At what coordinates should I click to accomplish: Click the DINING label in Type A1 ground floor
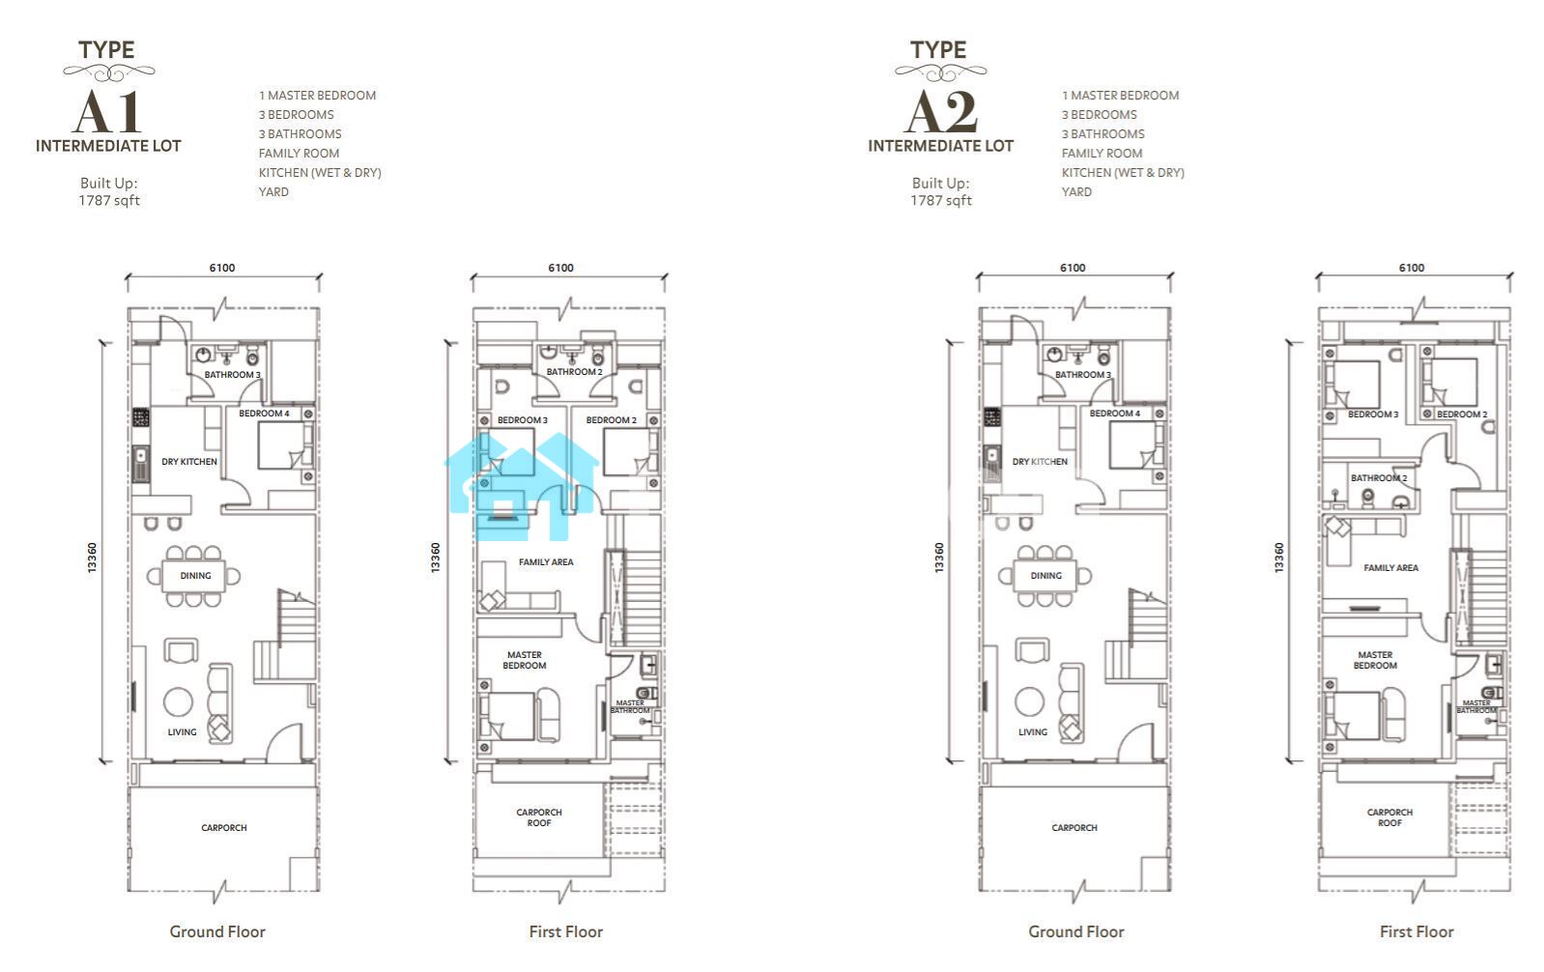pyautogui.click(x=196, y=576)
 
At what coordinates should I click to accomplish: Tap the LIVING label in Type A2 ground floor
pyautogui.click(x=1033, y=732)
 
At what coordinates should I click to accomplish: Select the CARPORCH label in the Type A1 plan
pyautogui.click(x=224, y=828)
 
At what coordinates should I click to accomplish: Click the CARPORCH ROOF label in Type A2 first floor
pyautogui.click(x=1389, y=817)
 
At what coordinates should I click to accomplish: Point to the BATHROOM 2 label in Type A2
pyautogui.click(x=1379, y=477)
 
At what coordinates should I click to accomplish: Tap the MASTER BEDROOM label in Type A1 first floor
pyautogui.click(x=525, y=661)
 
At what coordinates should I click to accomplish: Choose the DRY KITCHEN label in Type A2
pyautogui.click(x=1040, y=462)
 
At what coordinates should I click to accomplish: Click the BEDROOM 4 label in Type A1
pyautogui.click(x=264, y=414)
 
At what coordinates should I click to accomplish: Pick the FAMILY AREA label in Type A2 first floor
pyautogui.click(x=1391, y=568)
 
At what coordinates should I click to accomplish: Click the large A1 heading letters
pyautogui.click(x=107, y=112)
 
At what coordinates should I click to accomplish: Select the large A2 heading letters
pyautogui.click(x=940, y=112)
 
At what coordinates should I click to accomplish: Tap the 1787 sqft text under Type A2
pyautogui.click(x=941, y=201)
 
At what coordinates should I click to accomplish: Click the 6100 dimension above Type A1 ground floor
pyautogui.click(x=222, y=268)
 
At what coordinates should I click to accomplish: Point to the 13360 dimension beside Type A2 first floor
pyautogui.click(x=1279, y=557)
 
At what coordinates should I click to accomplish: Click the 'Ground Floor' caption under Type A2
pyautogui.click(x=1076, y=932)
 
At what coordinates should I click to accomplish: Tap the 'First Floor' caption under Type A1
pyautogui.click(x=566, y=932)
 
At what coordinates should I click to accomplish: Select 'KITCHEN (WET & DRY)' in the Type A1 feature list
pyautogui.click(x=320, y=173)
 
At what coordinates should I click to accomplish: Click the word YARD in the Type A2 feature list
pyautogui.click(x=1076, y=192)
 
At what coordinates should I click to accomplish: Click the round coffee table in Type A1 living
pyautogui.click(x=179, y=701)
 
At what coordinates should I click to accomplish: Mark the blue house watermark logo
pyautogui.click(x=522, y=487)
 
